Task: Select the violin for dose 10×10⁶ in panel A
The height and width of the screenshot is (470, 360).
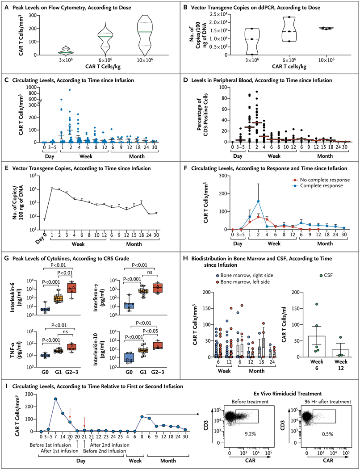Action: pyautogui.click(x=144, y=34)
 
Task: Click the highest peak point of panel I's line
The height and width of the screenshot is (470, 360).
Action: pyautogui.click(x=56, y=399)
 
